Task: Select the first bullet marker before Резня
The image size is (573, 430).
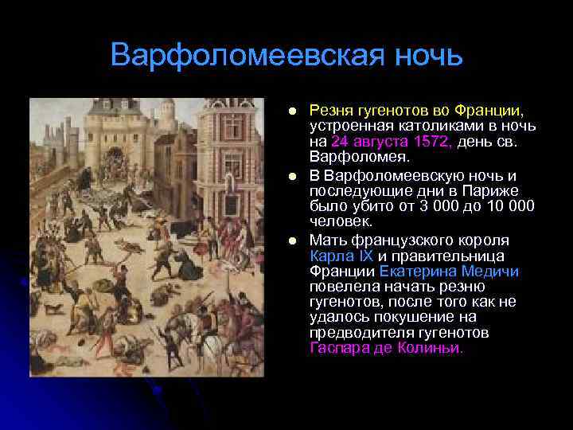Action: click(x=293, y=110)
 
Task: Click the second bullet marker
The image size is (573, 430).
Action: click(x=293, y=175)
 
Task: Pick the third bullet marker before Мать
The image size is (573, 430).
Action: click(x=293, y=240)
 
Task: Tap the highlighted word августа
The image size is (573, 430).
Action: click(x=376, y=141)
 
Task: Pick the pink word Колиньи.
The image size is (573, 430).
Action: click(x=435, y=348)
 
